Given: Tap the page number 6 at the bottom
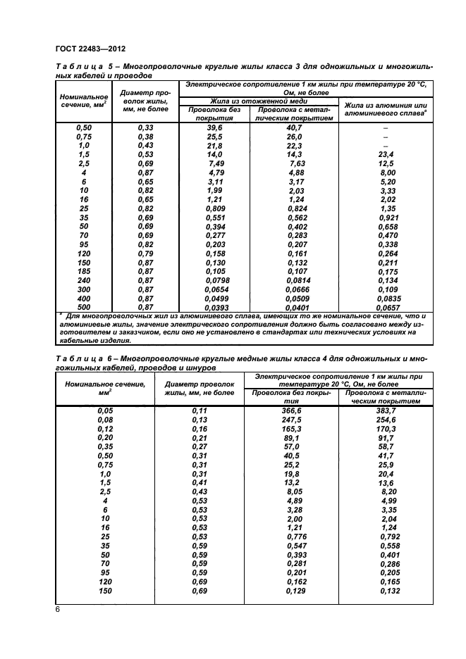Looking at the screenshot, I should pos(57,610).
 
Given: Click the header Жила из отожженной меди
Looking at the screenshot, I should pos(258,101).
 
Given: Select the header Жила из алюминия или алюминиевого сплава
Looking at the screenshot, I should pos(385,108).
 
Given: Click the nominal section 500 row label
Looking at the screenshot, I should pos(84,308).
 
